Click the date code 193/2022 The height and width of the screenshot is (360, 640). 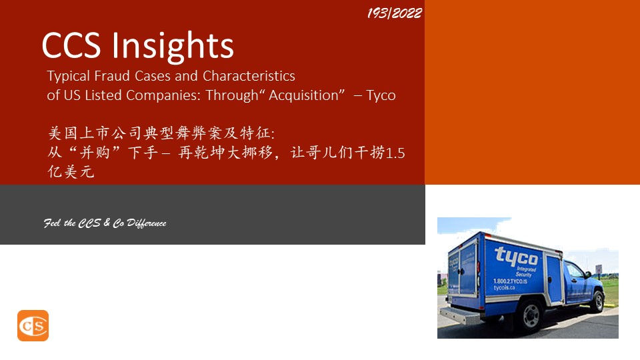[x=394, y=13]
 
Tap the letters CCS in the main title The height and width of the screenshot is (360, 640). [x=71, y=45]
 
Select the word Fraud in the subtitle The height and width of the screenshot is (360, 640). [x=112, y=75]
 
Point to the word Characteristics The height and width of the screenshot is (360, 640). [x=249, y=75]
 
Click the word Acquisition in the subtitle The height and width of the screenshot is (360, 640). [x=304, y=95]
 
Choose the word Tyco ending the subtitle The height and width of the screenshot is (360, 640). [x=381, y=96]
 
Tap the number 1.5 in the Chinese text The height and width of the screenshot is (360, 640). [x=395, y=153]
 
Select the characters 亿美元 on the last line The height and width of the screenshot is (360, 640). [x=71, y=171]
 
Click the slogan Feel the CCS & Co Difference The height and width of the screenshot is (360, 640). [x=105, y=223]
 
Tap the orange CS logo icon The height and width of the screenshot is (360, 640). [x=33, y=325]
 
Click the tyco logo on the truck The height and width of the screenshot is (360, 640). [x=517, y=256]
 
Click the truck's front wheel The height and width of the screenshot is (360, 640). [x=599, y=301]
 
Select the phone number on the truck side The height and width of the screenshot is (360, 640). [x=510, y=281]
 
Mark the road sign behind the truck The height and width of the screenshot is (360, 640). [x=599, y=269]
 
